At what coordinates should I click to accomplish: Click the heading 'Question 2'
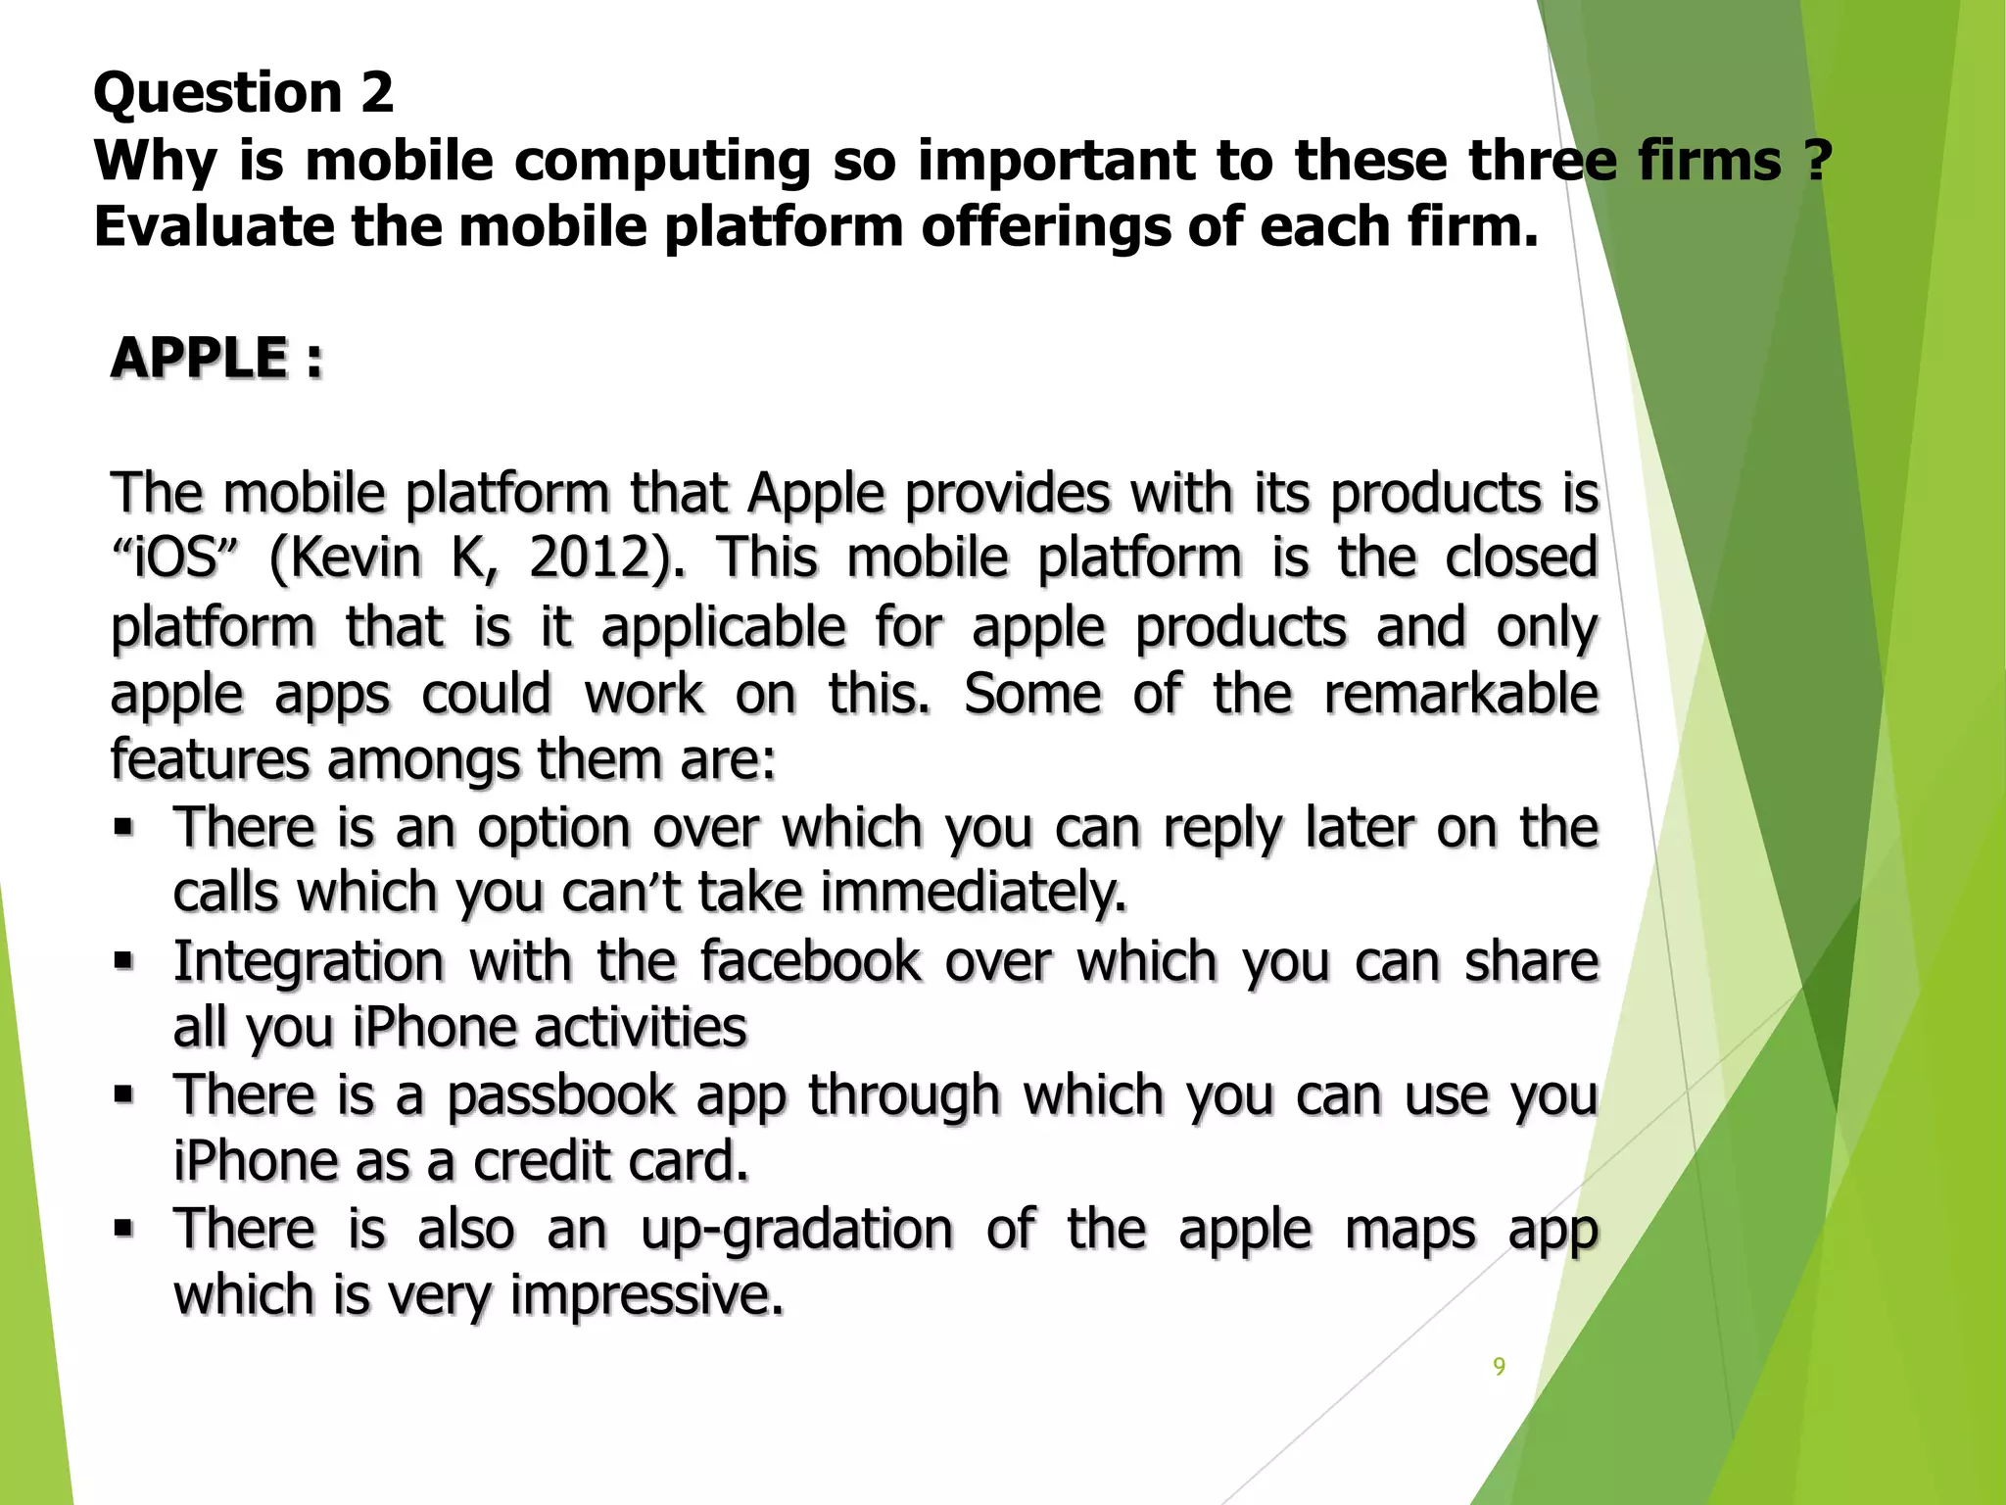pos(243,93)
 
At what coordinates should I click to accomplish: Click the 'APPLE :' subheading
pos(216,358)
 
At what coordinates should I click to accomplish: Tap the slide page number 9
pos(1499,1366)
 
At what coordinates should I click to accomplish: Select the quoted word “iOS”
pos(174,558)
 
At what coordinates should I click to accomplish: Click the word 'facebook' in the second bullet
pos(811,961)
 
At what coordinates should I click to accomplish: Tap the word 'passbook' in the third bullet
pos(560,1094)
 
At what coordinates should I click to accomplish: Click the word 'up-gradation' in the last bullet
pos(796,1229)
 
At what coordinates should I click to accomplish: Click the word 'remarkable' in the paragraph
pos(1460,694)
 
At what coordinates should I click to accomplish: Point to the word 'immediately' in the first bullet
pos(973,894)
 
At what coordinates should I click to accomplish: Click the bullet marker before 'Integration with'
pos(122,960)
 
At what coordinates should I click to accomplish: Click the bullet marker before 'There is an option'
pos(122,827)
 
